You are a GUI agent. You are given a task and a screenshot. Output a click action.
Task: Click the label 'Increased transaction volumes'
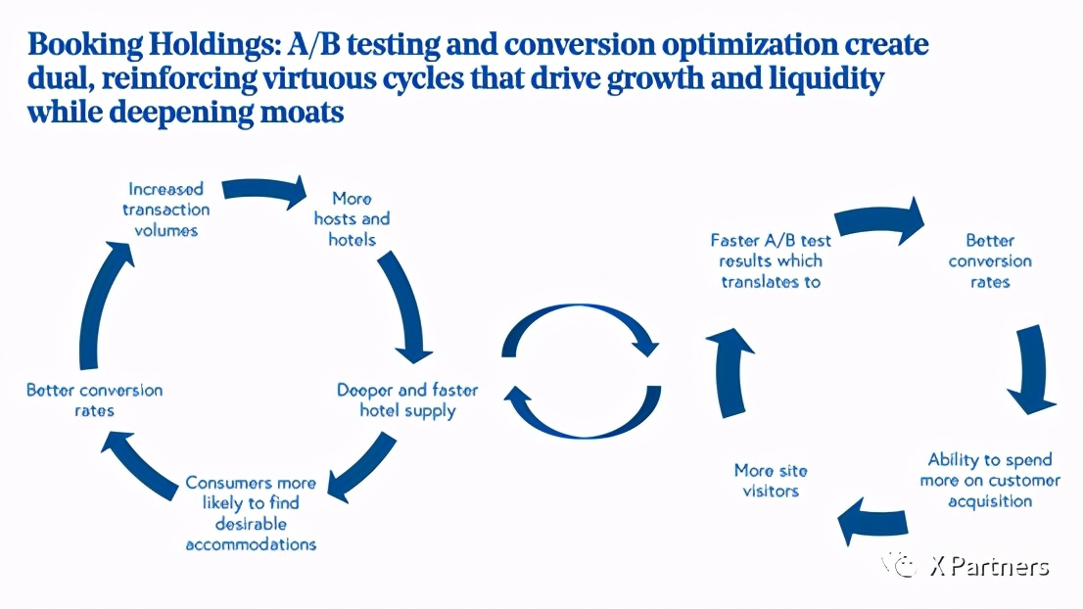165,210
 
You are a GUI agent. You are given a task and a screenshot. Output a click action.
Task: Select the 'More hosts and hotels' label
352,219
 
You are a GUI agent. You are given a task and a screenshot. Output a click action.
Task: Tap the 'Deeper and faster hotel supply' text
407,400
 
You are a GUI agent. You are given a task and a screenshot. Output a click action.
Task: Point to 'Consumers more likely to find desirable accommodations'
251,513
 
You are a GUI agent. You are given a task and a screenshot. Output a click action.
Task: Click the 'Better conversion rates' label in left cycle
95,400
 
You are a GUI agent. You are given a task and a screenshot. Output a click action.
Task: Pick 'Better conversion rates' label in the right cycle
990,261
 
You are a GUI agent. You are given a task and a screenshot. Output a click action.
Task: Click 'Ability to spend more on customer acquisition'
990,481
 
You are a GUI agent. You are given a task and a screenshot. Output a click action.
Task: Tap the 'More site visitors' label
771,481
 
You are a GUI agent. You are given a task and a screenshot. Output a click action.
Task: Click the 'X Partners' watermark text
990,567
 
